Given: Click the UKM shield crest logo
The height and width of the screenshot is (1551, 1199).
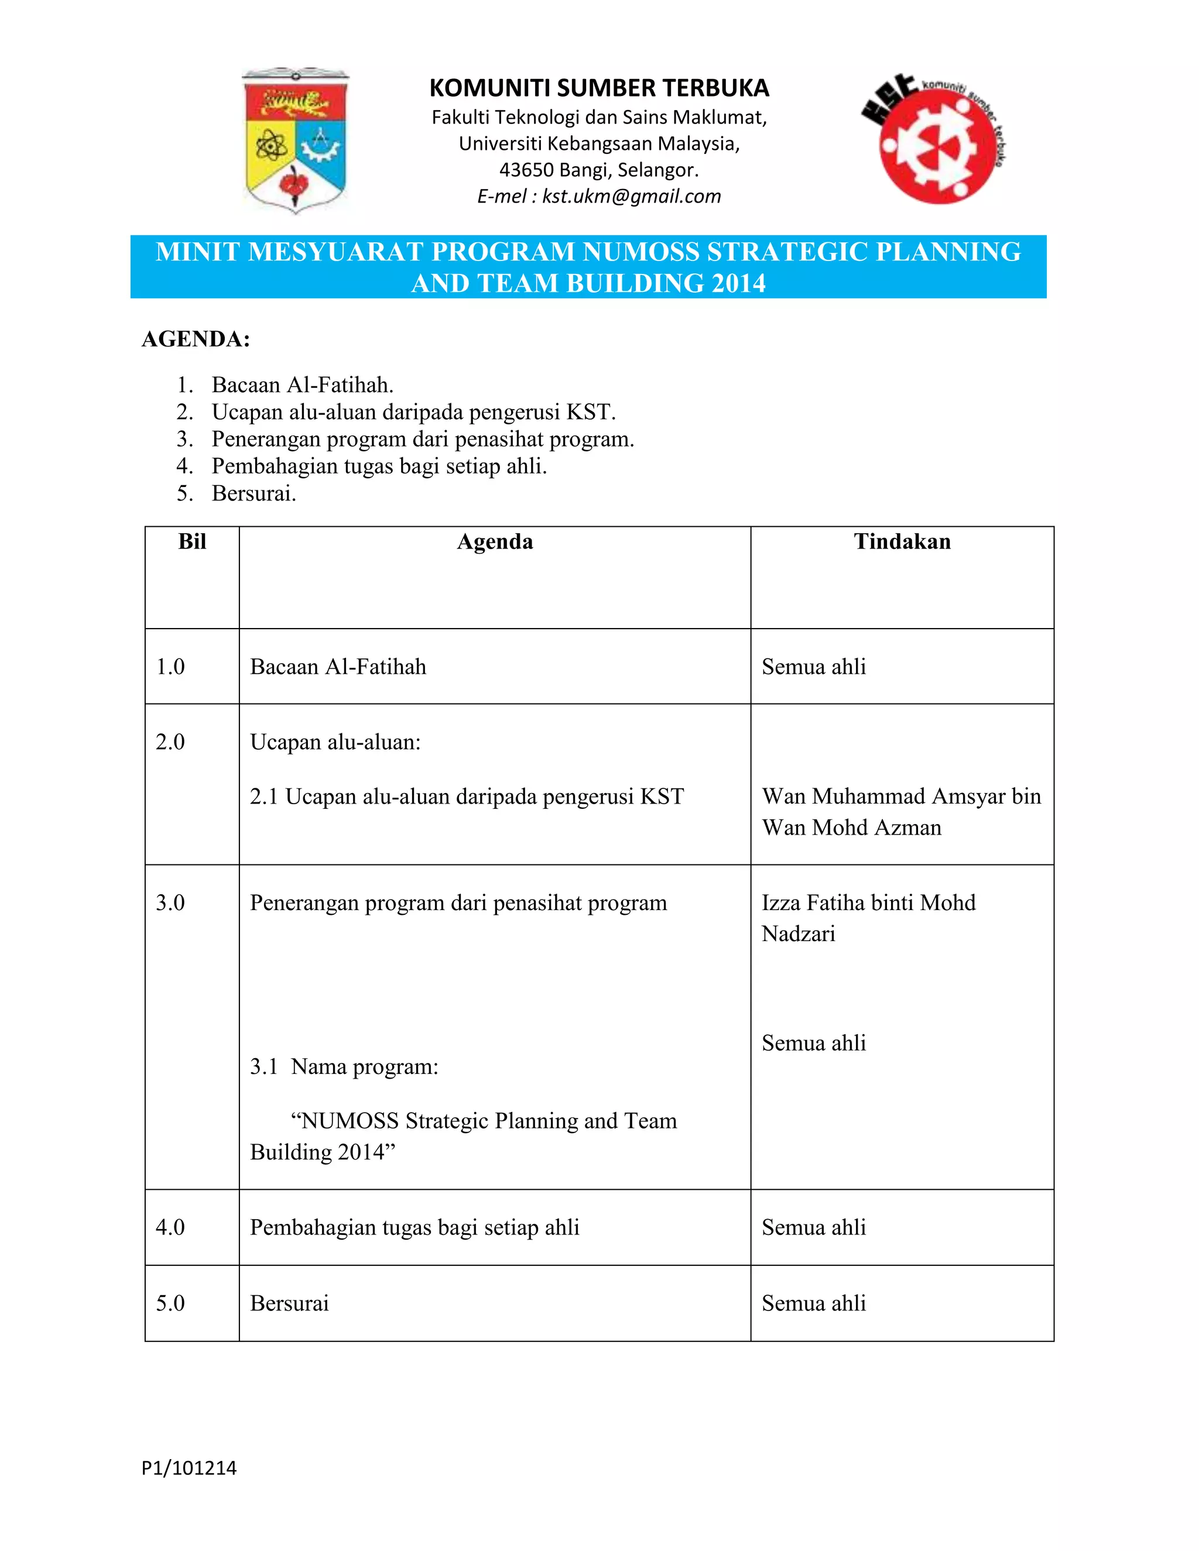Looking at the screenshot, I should pyautogui.click(x=296, y=140).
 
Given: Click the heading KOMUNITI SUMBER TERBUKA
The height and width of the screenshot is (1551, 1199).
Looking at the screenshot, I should pyautogui.click(x=599, y=88).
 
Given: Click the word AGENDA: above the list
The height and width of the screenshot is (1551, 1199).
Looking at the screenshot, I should pyautogui.click(x=196, y=339).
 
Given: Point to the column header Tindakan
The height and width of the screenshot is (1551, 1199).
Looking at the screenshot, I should pyautogui.click(x=902, y=542).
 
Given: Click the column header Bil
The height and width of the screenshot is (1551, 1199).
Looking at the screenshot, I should pyautogui.click(x=192, y=542).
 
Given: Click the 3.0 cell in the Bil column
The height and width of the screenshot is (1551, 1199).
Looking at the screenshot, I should pyautogui.click(x=170, y=903).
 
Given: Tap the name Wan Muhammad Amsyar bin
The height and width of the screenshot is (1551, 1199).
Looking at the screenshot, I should pyautogui.click(x=900, y=796).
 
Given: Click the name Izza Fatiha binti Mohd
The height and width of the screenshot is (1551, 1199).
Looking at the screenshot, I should pyautogui.click(x=868, y=903).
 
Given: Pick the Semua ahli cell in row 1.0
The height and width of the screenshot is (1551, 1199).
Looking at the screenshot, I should pyautogui.click(x=813, y=667).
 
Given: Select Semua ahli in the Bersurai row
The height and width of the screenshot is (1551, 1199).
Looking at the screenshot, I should pyautogui.click(x=813, y=1303).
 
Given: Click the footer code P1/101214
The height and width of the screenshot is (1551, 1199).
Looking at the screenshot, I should pyautogui.click(x=189, y=1468).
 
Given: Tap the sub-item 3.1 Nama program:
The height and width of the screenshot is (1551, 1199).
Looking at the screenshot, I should pyautogui.click(x=344, y=1066).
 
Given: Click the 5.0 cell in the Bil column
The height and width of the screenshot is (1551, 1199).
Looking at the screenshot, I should pyautogui.click(x=170, y=1303).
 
